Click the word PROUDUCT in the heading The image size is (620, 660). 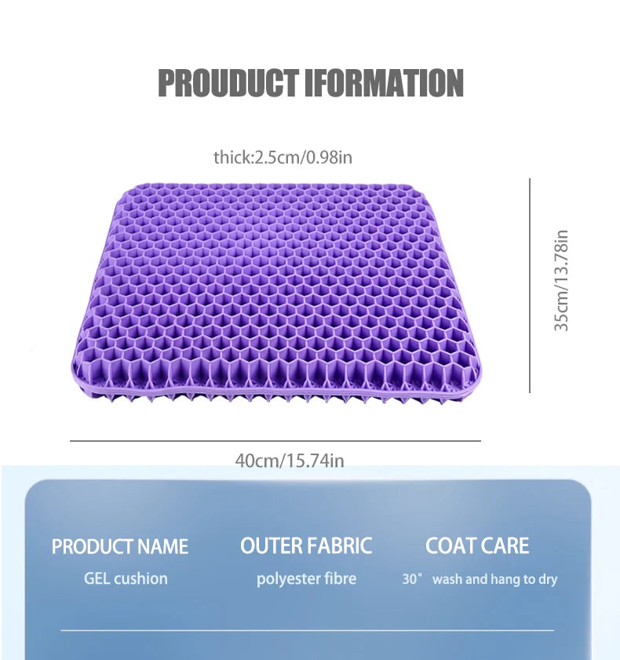[x=228, y=83]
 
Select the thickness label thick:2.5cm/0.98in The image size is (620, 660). [x=283, y=158]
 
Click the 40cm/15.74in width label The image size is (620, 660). [x=290, y=461]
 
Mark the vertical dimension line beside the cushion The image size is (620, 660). [x=530, y=285]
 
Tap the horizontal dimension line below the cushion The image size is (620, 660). [x=275, y=441]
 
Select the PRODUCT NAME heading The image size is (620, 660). [x=120, y=547]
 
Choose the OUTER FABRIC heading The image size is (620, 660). [x=306, y=546]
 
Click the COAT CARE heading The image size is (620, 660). [x=477, y=546]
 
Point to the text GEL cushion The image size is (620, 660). [x=126, y=579]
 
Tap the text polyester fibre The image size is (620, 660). [x=306, y=579]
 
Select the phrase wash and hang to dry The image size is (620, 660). [x=494, y=580]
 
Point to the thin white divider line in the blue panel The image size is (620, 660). [x=306, y=630]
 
